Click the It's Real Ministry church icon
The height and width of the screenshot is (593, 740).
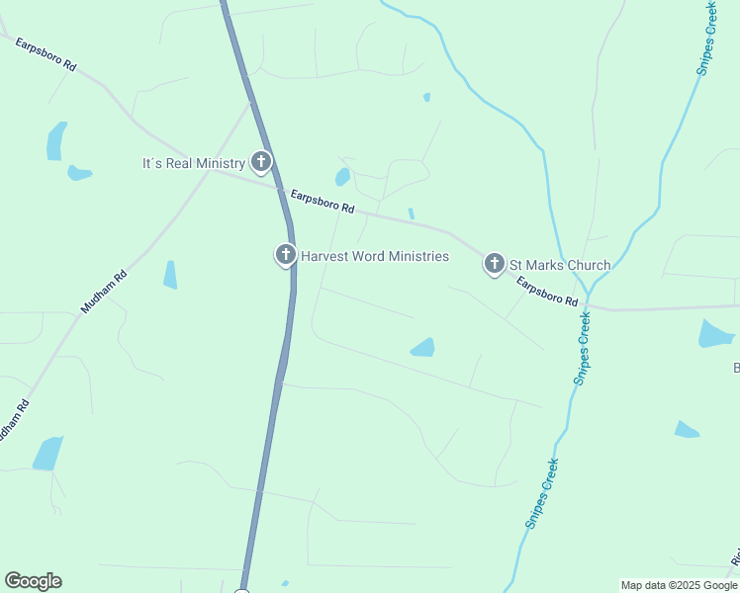261,162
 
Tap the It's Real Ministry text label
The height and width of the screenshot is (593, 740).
192,163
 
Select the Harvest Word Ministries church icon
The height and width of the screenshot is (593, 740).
285,256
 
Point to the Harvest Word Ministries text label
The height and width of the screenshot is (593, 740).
375,257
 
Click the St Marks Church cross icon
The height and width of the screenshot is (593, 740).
494,264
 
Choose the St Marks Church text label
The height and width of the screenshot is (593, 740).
559,265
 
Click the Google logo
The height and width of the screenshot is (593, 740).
34,581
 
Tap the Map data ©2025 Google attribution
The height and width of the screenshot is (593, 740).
678,585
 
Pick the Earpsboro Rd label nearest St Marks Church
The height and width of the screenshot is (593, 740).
547,292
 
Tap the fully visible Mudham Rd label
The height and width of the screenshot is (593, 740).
105,293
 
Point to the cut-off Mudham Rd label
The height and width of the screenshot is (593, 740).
12,420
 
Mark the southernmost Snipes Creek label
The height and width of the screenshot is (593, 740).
542,494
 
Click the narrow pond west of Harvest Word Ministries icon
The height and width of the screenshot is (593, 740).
170,275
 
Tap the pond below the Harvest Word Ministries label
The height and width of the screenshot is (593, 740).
422,347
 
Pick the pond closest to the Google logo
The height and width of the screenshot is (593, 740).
46,454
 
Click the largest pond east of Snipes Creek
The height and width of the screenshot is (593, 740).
715,334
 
